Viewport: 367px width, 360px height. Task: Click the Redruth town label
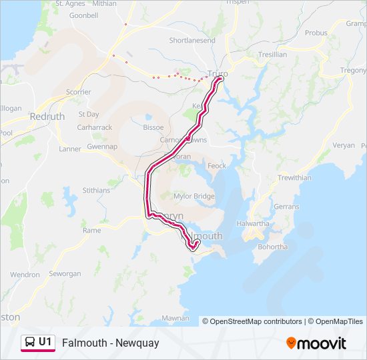pos(47,116)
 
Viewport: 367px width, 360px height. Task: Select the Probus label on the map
pos(316,33)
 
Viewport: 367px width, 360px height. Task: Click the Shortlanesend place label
pos(192,41)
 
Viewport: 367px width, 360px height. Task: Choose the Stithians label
pos(97,190)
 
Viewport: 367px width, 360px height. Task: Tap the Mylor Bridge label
pos(194,196)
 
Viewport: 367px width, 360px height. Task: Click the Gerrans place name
pos(287,207)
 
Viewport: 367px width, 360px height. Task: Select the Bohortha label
pos(270,247)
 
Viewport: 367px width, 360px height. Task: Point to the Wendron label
pos(25,274)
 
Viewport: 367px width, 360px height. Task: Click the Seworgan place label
pos(65,274)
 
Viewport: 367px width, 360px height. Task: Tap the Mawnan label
pos(175,318)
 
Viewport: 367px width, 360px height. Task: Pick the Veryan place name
pos(344,145)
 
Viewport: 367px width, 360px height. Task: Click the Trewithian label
pos(294,178)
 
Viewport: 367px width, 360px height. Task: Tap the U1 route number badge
pos(45,342)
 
